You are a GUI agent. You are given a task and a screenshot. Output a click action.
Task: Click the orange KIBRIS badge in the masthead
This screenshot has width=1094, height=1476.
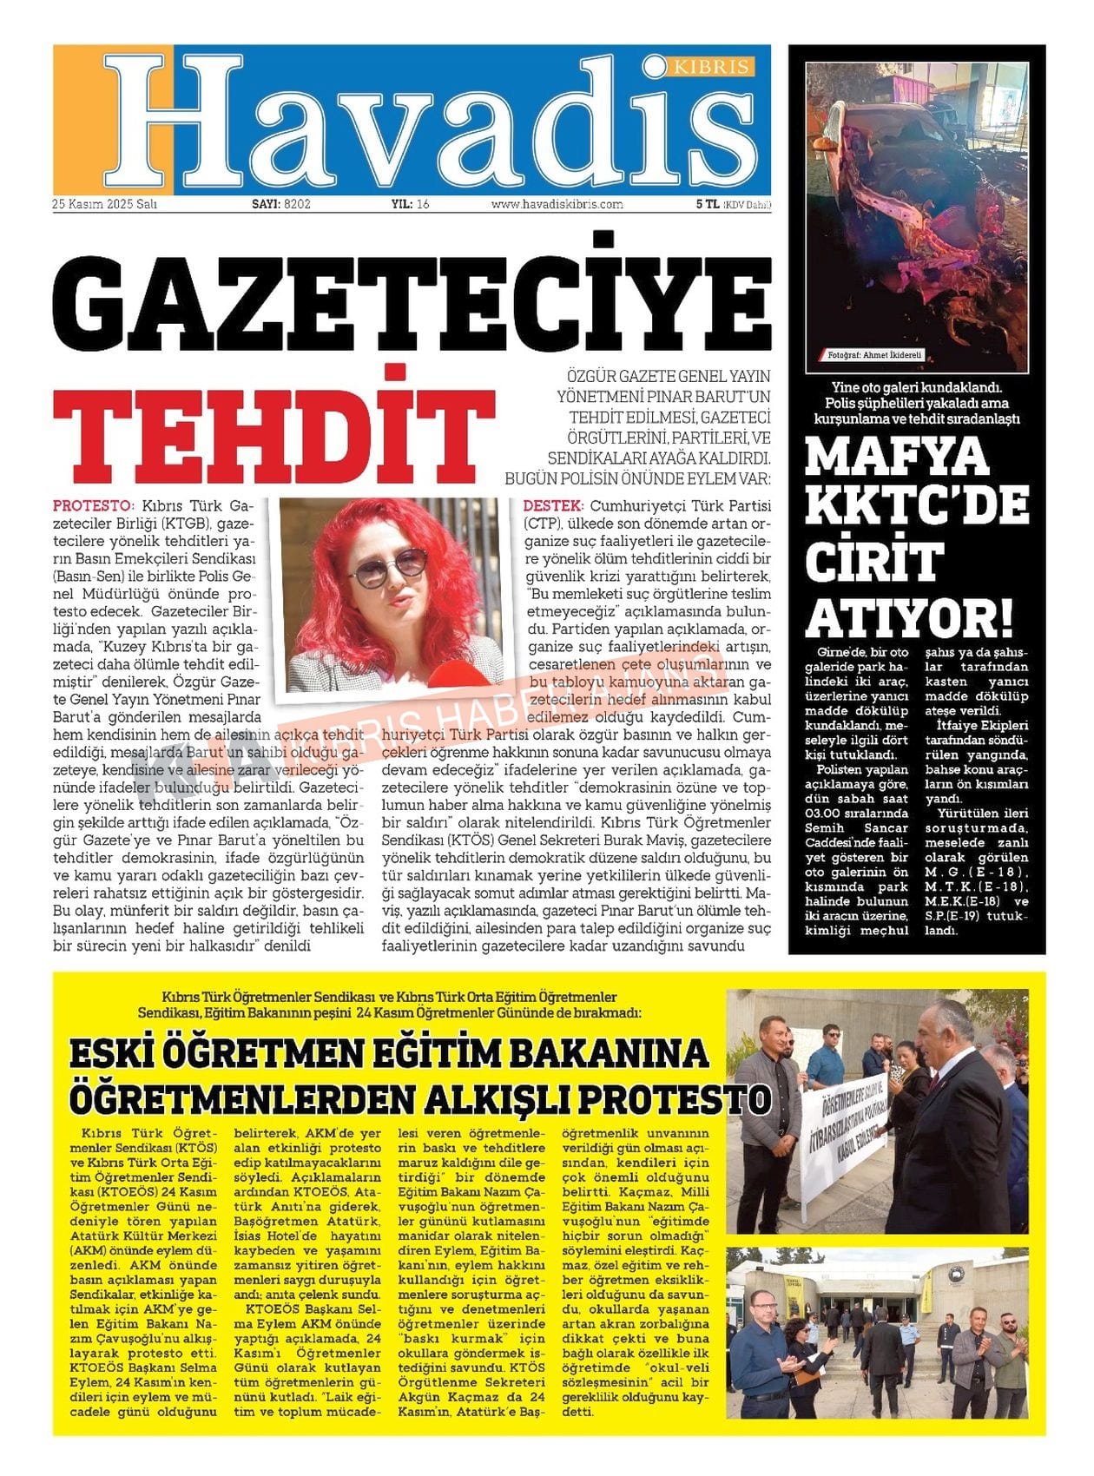[x=712, y=67]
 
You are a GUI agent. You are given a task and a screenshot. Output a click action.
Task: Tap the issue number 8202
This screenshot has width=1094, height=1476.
[x=297, y=205]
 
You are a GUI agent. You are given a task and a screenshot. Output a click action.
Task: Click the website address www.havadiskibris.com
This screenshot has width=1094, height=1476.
[x=557, y=205]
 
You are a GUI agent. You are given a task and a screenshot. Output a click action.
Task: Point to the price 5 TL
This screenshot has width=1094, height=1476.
[x=707, y=205]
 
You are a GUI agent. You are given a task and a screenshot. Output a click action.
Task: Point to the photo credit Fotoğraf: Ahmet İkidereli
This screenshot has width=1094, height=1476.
[x=874, y=355]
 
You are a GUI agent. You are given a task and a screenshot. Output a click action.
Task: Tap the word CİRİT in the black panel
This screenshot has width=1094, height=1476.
[x=873, y=563]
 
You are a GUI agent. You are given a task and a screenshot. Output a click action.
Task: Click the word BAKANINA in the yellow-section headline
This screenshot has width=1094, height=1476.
[x=608, y=1052]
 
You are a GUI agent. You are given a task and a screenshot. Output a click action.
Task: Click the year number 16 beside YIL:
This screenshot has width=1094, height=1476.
[x=423, y=205]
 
